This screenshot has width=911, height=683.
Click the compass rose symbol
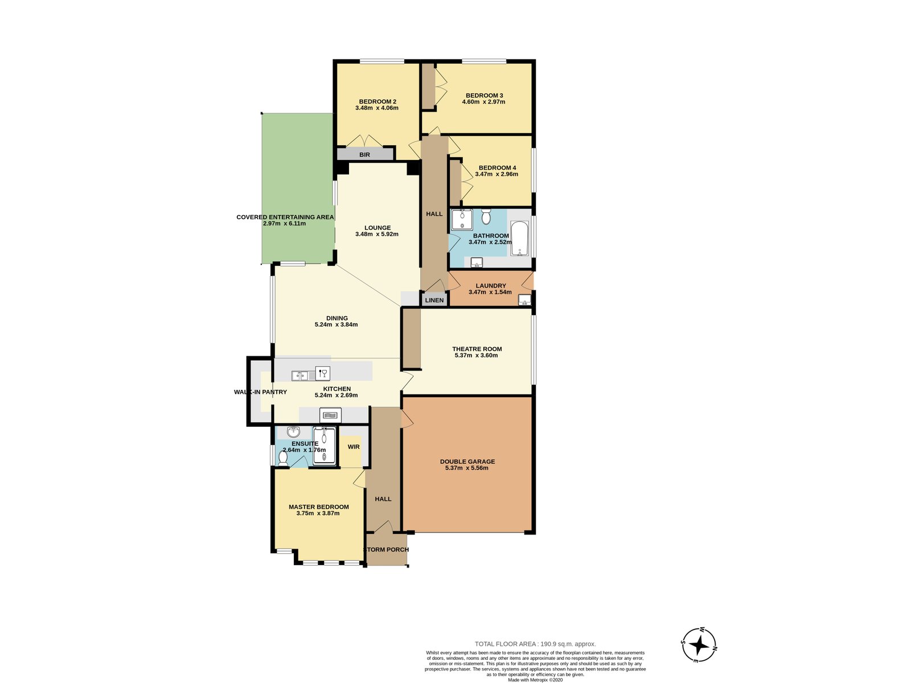[x=699, y=645]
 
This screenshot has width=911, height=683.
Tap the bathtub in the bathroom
[x=519, y=238]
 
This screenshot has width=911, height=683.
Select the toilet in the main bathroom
[x=486, y=217]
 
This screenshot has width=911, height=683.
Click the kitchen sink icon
[x=299, y=375]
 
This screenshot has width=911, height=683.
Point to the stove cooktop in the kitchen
[x=330, y=415]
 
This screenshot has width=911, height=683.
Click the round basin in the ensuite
[x=293, y=431]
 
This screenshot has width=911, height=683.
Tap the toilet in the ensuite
[x=283, y=456]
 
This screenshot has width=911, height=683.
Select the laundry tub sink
[x=524, y=299]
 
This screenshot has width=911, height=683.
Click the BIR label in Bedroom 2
[x=364, y=155]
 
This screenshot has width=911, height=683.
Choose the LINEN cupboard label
[x=434, y=300]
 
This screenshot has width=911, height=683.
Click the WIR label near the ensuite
[x=354, y=447]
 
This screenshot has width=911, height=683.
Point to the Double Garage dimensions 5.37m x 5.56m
[x=466, y=468]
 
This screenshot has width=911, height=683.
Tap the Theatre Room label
[x=477, y=349]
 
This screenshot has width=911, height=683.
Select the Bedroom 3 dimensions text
[x=483, y=102]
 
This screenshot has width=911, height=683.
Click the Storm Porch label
[x=386, y=549]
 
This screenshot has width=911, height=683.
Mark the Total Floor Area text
[x=535, y=644]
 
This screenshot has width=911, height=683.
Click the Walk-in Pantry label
[x=260, y=392]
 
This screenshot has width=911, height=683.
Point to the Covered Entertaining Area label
[x=285, y=217]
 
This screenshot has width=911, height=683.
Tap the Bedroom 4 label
[x=497, y=168]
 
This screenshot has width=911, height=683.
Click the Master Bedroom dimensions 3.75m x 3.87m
[x=318, y=513]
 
